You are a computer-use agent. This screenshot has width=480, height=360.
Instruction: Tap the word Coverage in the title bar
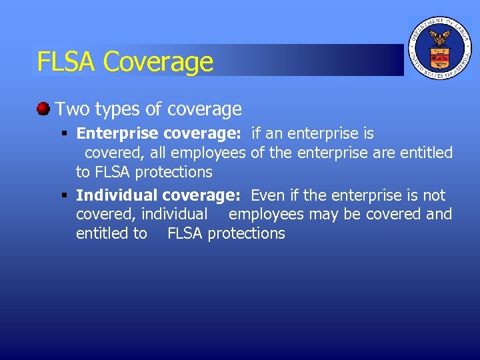[x=159, y=62]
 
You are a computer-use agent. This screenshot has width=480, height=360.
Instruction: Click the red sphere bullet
[x=43, y=108]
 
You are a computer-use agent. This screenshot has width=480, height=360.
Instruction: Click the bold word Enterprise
[x=117, y=134]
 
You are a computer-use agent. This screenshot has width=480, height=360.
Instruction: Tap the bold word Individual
[x=117, y=195]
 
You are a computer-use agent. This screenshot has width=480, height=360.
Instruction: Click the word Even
[x=267, y=195]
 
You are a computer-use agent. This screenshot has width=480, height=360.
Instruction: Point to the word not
[x=434, y=195]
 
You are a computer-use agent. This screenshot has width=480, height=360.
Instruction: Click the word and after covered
[x=439, y=214]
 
